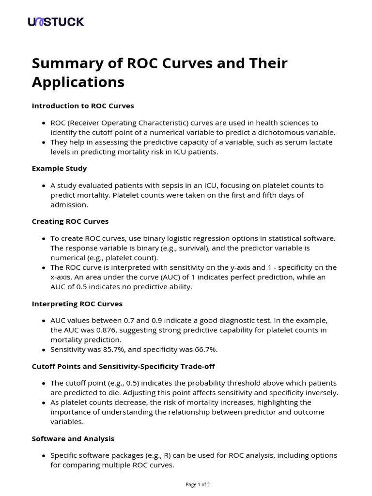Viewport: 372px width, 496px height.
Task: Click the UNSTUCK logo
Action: click(x=56, y=22)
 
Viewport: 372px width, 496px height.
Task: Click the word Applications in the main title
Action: click(x=78, y=82)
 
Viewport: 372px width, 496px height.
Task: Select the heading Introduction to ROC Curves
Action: click(x=83, y=106)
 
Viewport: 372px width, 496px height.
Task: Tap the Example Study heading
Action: click(x=59, y=168)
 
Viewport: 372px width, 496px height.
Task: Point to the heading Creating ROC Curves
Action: click(x=70, y=221)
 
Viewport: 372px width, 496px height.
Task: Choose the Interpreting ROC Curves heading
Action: click(x=77, y=304)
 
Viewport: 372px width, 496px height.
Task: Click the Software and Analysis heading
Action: click(x=73, y=438)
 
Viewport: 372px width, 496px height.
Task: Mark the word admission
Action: click(x=69, y=205)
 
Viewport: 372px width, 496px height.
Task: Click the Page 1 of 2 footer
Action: click(x=198, y=484)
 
